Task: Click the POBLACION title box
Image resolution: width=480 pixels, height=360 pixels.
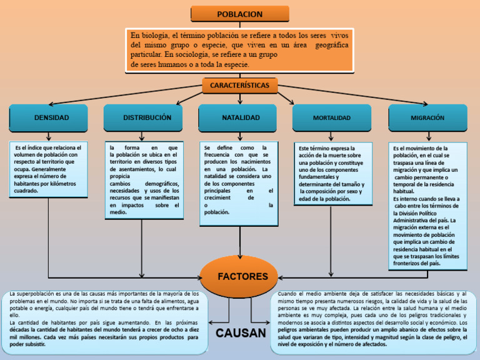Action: (239, 14)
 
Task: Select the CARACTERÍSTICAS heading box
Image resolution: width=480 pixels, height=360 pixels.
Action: (239, 85)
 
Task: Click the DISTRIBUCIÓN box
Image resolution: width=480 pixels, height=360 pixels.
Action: (144, 117)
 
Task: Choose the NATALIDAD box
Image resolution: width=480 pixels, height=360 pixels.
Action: (240, 117)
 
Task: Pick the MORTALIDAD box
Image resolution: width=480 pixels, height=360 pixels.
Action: (331, 117)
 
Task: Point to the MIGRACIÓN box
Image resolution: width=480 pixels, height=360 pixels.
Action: (427, 117)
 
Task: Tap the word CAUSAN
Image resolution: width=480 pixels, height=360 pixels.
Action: (241, 333)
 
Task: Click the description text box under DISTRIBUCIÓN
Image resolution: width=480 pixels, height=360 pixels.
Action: (144, 180)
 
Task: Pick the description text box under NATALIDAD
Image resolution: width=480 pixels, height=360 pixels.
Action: (239, 182)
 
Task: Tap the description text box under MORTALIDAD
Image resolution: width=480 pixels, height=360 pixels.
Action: (331, 174)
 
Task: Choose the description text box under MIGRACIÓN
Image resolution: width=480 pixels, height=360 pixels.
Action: (427, 206)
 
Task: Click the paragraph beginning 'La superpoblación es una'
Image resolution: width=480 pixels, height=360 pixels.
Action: (105, 318)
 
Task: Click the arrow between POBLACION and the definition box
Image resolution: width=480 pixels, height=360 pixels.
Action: (239, 25)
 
